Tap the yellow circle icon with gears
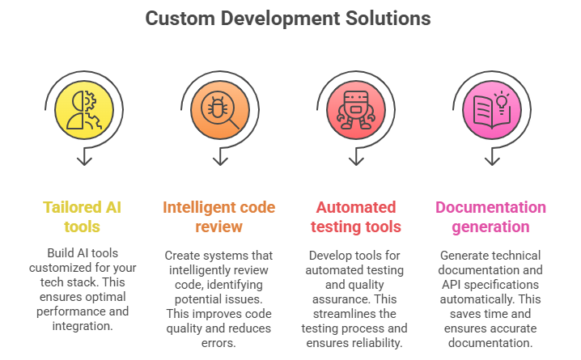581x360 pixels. pos(83,109)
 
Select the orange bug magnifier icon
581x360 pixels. pos(215,109)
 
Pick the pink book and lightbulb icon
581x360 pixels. pos(490,109)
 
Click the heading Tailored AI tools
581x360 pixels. pos(82,217)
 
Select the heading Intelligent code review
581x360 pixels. pos(218,217)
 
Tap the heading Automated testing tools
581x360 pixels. pos(355,217)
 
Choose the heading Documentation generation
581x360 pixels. pos(490,217)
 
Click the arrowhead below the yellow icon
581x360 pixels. pos(83,159)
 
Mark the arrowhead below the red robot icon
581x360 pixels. pos(354,159)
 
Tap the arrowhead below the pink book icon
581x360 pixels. pos(490,159)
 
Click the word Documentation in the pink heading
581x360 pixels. pos(490,207)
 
